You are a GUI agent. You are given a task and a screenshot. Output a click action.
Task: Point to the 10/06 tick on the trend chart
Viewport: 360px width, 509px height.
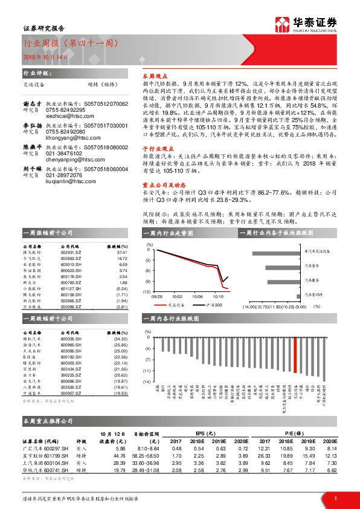pos(198,297)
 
